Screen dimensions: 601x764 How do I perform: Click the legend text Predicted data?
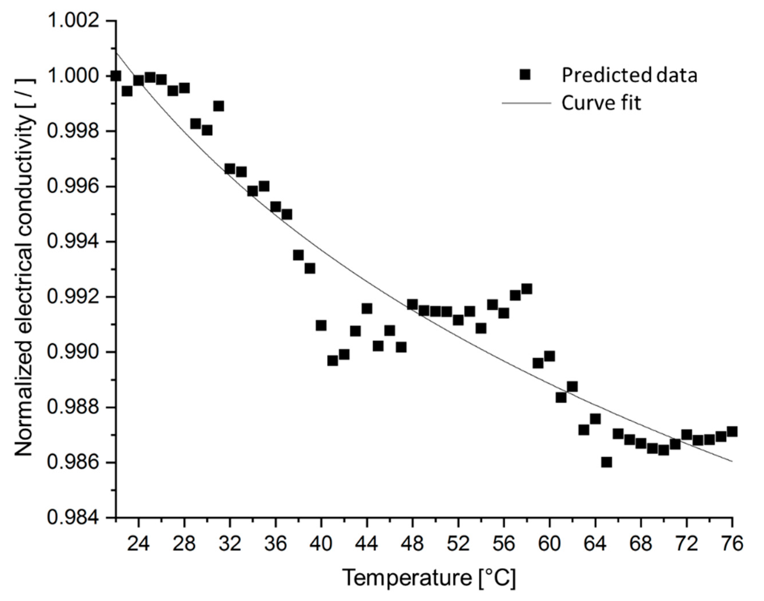click(x=629, y=75)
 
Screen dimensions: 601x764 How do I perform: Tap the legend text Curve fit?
click(x=601, y=103)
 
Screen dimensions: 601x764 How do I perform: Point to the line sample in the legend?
click(x=526, y=103)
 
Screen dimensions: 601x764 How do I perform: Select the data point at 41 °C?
click(x=332, y=361)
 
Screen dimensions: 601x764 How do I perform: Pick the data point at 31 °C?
click(x=218, y=106)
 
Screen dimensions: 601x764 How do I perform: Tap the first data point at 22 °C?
click(x=116, y=76)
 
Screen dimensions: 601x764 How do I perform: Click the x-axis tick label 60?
click(x=549, y=544)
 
